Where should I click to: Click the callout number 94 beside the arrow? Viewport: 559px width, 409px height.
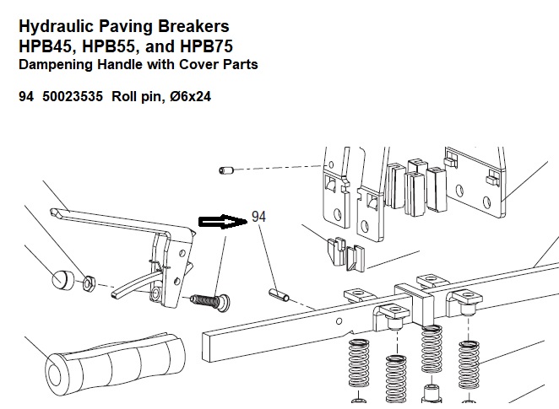click(259, 217)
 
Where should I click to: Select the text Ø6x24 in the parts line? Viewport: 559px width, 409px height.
click(189, 96)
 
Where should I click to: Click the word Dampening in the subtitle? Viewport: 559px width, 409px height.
click(54, 63)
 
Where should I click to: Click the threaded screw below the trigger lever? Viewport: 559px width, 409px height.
click(209, 299)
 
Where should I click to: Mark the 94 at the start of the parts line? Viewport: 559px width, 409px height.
click(26, 96)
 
